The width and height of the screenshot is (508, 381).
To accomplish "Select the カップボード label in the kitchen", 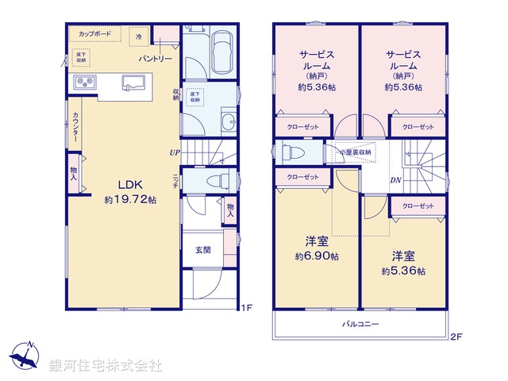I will coord(95,35).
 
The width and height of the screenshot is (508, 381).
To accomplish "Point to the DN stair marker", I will coord(395,179).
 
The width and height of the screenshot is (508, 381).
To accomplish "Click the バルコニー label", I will coord(360,324).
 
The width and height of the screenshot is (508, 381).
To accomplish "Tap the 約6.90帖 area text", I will coord(317,256).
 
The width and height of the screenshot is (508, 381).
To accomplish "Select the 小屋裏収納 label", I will coord(356,152).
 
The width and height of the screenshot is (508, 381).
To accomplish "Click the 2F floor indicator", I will coord(456,336).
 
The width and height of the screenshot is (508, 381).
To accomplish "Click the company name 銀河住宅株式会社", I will coord(106,366).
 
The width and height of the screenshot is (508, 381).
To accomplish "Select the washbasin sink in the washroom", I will coord(228,121).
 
